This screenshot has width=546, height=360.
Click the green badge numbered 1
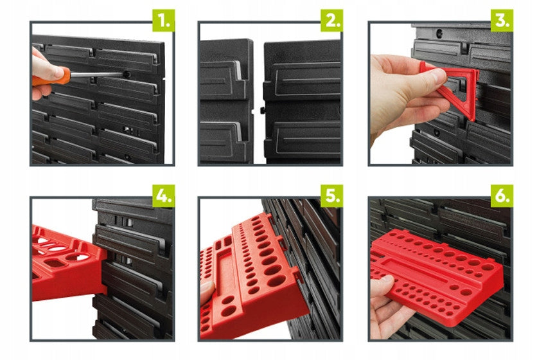(164, 21)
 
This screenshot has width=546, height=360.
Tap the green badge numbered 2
(332, 21)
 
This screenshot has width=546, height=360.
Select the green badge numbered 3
(502, 21)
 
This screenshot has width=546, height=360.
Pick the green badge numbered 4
(164, 196)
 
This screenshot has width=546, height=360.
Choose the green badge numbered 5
(332, 196)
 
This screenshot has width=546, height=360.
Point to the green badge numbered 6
(502, 196)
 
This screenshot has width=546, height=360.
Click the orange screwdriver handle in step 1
(52, 77)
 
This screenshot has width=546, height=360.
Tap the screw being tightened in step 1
(127, 74)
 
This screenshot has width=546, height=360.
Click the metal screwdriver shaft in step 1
(97, 74)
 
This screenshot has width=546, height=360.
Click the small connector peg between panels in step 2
(262, 110)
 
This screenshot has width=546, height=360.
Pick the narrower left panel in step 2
(226, 101)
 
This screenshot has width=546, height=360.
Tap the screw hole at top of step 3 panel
(439, 34)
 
